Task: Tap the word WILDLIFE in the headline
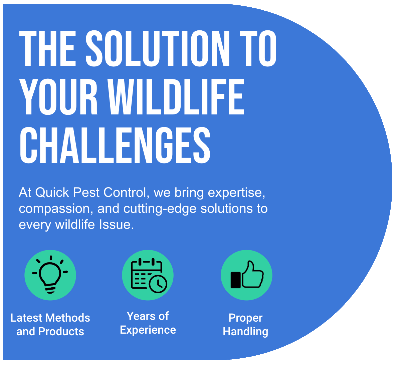(176, 97)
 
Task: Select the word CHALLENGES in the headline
(115, 145)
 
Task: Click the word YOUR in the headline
(58, 97)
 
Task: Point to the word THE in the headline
(47, 48)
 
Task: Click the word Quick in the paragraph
(52, 193)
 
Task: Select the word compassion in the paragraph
(54, 209)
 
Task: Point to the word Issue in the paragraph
(117, 225)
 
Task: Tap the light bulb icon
(50, 275)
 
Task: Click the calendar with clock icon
(149, 275)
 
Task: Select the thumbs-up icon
(247, 274)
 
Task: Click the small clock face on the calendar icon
(158, 284)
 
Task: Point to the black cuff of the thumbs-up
(236, 280)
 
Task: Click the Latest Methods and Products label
(50, 325)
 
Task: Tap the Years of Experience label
(148, 323)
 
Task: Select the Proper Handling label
(245, 325)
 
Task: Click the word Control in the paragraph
(125, 193)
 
